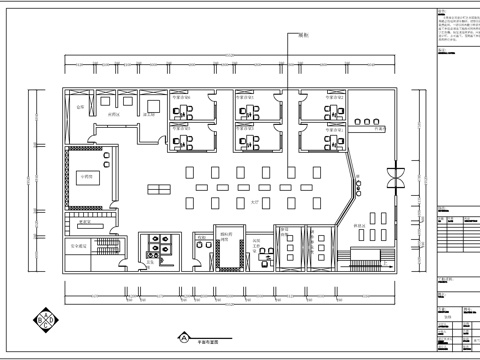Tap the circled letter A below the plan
184,337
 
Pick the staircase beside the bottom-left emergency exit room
112,246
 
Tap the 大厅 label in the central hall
254,201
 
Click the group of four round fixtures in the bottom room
157,246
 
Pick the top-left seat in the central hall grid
190,171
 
